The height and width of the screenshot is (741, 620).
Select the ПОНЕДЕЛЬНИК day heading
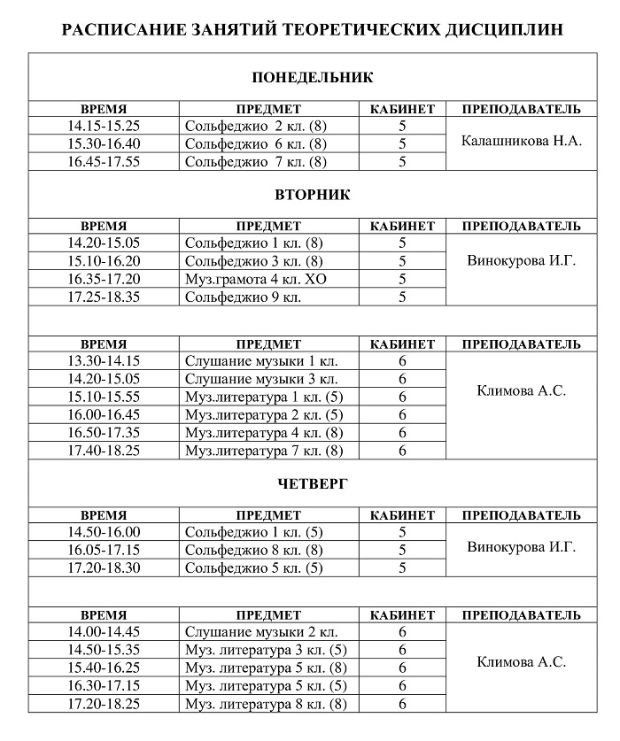coord(313,78)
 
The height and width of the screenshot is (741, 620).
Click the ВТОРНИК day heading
coord(313,195)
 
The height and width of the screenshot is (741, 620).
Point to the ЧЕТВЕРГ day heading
coord(313,483)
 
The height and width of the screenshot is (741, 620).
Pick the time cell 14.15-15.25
coord(104,127)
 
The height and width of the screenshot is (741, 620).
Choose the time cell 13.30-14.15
coord(104,361)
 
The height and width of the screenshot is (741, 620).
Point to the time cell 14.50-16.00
coord(104,532)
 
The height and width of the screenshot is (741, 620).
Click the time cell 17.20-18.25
coord(104,704)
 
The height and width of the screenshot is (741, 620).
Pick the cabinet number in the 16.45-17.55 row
coord(402,161)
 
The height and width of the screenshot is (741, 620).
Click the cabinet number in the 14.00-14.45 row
coord(402,632)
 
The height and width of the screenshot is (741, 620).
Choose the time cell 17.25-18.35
coord(104,297)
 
